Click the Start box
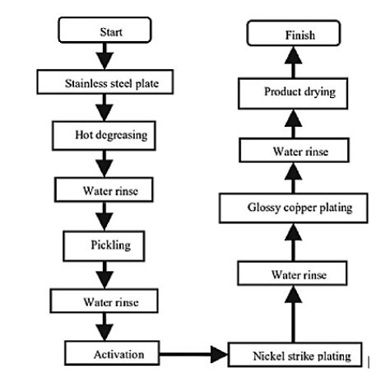(x=104, y=30)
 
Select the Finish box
(x=294, y=33)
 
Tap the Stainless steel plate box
(x=105, y=82)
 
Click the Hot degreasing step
(x=104, y=136)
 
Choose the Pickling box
(x=104, y=246)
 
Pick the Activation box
(x=112, y=353)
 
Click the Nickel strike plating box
(x=295, y=354)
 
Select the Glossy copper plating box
(x=294, y=208)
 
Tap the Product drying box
(x=293, y=94)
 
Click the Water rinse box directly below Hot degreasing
(x=104, y=189)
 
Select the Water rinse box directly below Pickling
(x=104, y=301)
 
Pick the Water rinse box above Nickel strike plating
(x=292, y=273)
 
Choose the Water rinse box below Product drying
(x=294, y=150)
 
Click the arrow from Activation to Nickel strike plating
(x=193, y=354)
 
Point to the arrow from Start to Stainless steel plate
(x=104, y=56)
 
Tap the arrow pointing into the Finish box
(x=294, y=62)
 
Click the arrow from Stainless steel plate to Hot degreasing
(x=104, y=108)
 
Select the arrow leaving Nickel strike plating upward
(x=294, y=314)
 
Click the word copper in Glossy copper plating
(x=299, y=208)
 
